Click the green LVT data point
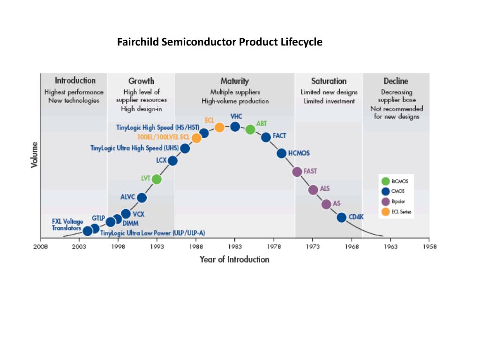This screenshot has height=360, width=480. pyautogui.click(x=157, y=179)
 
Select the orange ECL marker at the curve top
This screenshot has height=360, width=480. pyautogui.click(x=219, y=127)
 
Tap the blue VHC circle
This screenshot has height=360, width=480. pyautogui.click(x=235, y=127)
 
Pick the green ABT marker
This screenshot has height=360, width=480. pyautogui.click(x=250, y=129)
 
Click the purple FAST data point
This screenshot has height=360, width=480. pyautogui.click(x=297, y=172)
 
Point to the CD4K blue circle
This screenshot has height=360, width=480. pyautogui.click(x=341, y=217)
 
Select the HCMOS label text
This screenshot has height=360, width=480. pyautogui.click(x=299, y=153)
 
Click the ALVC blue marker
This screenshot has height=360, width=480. pyautogui.click(x=142, y=198)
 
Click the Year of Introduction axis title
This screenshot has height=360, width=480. pyautogui.click(x=234, y=259)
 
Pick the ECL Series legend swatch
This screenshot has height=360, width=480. pyautogui.click(x=386, y=211)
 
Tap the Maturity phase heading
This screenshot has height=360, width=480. pyautogui.click(x=234, y=81)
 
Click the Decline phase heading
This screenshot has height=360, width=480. pyautogui.click(x=396, y=81)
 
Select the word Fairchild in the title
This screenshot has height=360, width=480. pyautogui.click(x=138, y=42)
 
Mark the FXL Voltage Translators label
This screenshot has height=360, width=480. pyautogui.click(x=67, y=225)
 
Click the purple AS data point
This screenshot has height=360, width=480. pyautogui.click(x=326, y=204)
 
